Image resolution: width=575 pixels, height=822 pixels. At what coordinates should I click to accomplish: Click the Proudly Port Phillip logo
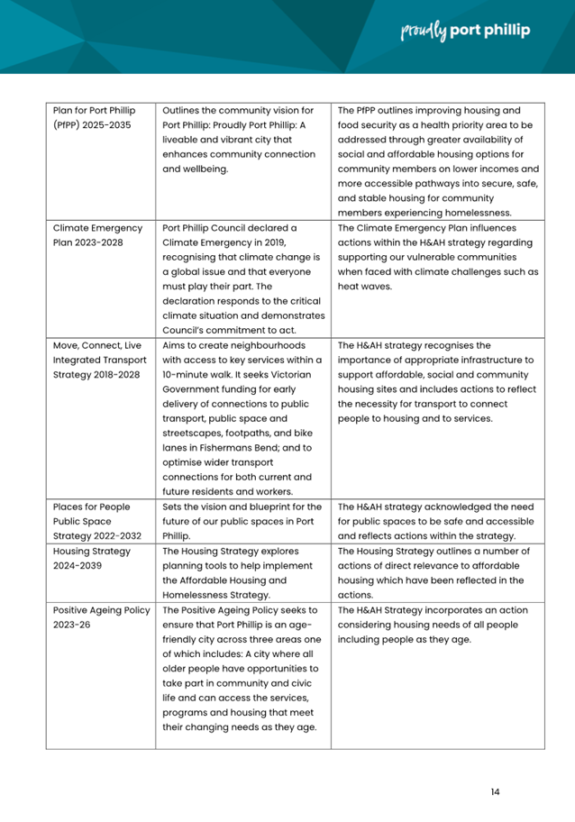click(465, 31)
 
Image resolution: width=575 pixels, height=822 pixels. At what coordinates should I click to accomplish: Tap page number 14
click(495, 791)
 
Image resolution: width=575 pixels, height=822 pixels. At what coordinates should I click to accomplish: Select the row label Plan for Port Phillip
click(94, 110)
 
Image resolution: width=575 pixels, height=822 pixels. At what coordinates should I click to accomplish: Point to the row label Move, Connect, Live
click(96, 343)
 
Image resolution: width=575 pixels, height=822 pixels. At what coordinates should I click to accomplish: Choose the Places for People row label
click(91, 506)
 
